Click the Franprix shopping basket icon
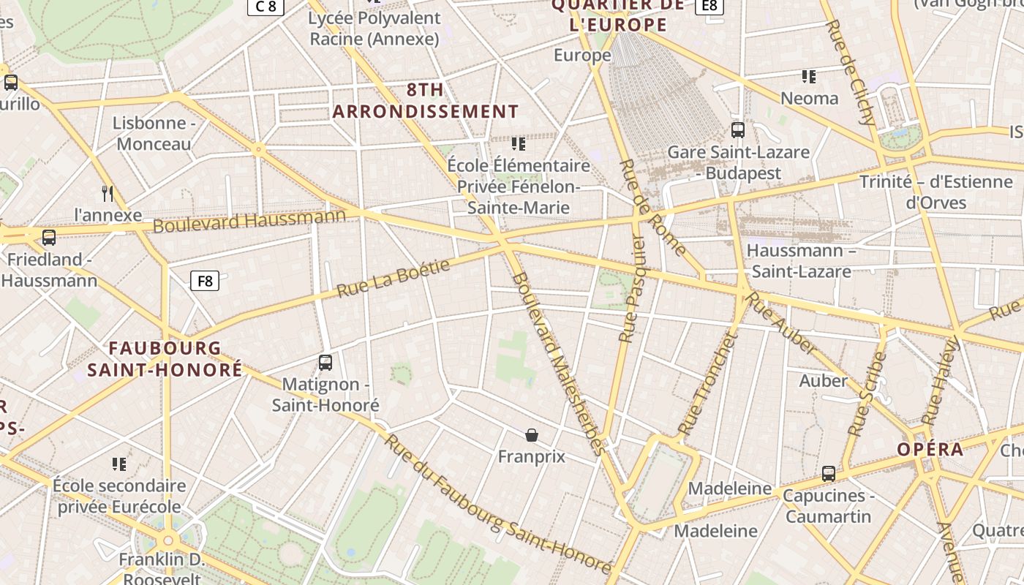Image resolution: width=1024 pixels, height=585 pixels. [x=532, y=436]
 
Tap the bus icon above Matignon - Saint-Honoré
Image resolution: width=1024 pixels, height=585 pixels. [x=325, y=362]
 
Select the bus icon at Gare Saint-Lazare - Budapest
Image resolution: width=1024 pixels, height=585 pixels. [x=738, y=130]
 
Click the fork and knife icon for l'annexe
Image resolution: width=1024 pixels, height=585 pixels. [x=108, y=193]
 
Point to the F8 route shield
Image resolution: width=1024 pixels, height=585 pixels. [x=205, y=281]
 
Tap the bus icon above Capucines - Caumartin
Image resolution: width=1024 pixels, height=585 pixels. [x=828, y=474]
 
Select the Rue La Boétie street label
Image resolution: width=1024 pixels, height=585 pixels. [x=394, y=279]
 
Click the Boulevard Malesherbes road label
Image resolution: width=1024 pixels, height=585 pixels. [x=560, y=363]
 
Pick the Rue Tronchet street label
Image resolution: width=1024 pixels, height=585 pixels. [x=706, y=384]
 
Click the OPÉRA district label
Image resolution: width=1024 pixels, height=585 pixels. [x=930, y=450]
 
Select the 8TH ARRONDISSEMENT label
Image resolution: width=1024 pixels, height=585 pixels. [x=426, y=101]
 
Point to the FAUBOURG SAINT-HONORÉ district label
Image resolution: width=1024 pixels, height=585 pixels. [x=165, y=359]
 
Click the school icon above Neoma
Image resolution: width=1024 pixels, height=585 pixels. [x=809, y=76]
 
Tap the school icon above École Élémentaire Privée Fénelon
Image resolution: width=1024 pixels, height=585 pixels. [x=519, y=143]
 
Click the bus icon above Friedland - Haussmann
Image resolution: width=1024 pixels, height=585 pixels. [x=49, y=238]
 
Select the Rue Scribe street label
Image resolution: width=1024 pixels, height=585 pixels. [x=867, y=395]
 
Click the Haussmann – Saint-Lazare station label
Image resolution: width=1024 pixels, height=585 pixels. [x=801, y=261]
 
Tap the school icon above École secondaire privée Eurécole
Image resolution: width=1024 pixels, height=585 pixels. [x=119, y=464]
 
